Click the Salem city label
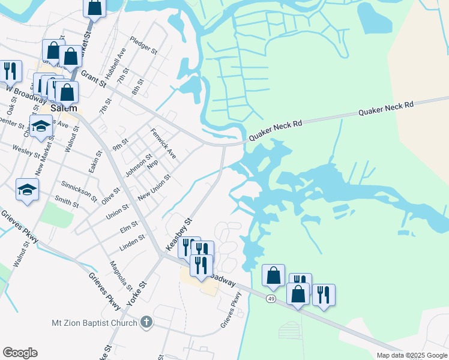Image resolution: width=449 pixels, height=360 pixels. pos(64,109)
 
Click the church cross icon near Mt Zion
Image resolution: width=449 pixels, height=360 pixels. pos(145,323)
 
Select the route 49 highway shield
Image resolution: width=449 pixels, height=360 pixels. pos(271,299)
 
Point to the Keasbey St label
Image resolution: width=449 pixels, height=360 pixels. pos(178,234)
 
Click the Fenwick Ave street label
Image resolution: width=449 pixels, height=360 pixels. pos(163,143)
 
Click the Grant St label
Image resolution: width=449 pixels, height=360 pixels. pos(92,77)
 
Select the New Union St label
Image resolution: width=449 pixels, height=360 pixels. pos(154,188)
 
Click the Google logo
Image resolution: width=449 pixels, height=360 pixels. pos(20,353)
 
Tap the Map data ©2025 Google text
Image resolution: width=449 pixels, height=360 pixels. pos(412,355)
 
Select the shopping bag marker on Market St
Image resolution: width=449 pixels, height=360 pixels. pos(95,7)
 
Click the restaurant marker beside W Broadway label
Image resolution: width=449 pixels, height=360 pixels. pos(10,71)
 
